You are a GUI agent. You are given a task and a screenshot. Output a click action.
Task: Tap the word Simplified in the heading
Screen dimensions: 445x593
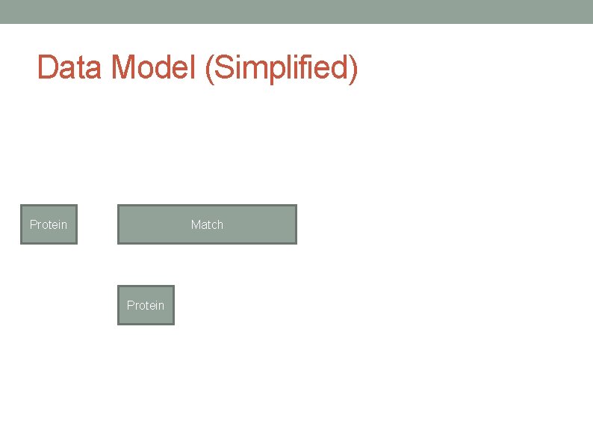click(279, 68)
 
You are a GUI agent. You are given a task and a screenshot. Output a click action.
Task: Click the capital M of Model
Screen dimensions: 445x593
click(125, 68)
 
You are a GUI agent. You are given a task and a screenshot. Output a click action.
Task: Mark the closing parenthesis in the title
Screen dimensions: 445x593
click(353, 69)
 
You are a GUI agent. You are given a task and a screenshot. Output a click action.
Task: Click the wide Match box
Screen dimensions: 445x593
click(246, 224)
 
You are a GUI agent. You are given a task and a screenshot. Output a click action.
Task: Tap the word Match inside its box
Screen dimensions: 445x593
click(207, 224)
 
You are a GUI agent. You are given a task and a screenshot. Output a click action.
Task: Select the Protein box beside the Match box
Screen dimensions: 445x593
click(49, 224)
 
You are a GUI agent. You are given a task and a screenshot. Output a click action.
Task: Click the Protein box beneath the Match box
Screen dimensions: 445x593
click(146, 305)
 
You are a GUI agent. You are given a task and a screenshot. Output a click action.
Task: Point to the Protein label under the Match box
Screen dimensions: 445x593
click(146, 305)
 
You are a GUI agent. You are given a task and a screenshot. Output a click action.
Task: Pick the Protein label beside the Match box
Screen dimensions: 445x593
click(49, 224)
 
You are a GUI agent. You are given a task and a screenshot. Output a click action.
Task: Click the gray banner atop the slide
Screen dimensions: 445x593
click(296, 11)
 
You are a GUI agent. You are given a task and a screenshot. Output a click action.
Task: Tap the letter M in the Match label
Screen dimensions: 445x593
click(196, 224)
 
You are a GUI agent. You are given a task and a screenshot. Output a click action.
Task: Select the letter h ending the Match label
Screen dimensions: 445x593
click(220, 224)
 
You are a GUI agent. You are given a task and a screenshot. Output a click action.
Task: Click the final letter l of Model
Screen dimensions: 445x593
click(193, 68)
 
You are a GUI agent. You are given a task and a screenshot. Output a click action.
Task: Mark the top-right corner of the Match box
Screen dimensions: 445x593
click(296, 206)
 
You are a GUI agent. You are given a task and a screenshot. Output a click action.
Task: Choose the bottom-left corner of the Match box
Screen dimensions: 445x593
click(119, 242)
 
